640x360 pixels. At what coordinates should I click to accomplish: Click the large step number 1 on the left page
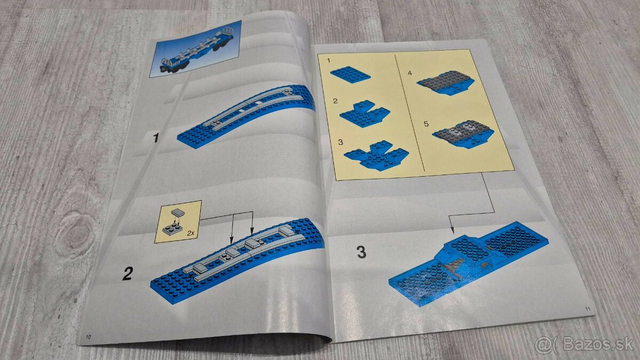click(156, 138)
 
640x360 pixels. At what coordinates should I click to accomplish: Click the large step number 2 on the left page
click(127, 274)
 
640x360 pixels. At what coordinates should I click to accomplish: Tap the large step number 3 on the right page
click(362, 252)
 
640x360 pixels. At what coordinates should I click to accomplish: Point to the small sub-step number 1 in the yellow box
click(329, 61)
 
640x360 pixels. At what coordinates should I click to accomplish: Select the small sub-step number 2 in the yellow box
click(335, 101)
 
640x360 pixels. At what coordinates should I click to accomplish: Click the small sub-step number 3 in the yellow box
click(340, 142)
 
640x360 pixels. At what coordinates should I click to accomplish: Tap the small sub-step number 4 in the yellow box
click(410, 73)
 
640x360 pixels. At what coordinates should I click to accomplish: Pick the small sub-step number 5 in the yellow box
click(426, 124)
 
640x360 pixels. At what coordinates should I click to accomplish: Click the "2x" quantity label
click(190, 234)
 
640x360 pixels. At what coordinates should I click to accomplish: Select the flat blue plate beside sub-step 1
click(350, 75)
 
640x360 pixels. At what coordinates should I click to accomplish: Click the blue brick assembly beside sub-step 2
click(365, 114)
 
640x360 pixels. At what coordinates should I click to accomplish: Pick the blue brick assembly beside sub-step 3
click(377, 156)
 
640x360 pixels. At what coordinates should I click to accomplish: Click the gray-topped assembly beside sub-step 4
click(446, 83)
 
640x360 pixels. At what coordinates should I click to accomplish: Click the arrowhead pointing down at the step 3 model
click(452, 230)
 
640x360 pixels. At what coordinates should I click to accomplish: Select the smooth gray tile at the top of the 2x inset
click(178, 213)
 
